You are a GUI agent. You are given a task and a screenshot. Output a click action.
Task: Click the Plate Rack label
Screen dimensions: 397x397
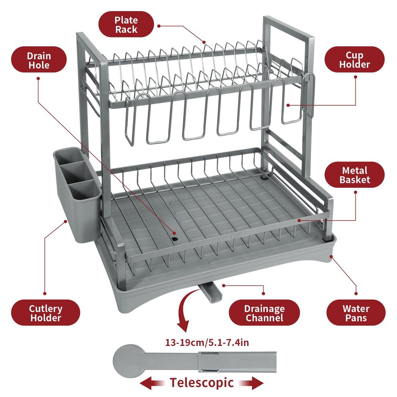point(126,25)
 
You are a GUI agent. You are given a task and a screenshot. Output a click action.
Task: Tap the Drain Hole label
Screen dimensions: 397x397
point(39,60)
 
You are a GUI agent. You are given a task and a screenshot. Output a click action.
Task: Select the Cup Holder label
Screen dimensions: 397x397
point(354,60)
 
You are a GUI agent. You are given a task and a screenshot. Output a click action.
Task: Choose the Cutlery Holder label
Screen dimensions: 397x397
point(45,313)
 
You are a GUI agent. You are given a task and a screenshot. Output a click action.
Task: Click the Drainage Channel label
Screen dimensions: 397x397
point(264,313)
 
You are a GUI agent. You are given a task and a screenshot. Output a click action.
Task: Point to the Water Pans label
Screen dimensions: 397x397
point(356,313)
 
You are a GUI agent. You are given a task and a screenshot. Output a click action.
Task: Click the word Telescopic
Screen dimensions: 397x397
point(202,382)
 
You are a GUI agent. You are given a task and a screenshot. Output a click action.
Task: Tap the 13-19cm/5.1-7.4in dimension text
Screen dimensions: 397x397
point(207,343)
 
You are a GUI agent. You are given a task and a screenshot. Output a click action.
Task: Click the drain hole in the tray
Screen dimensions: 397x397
point(175,239)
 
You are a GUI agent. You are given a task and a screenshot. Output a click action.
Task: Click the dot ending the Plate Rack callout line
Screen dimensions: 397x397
point(204,42)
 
